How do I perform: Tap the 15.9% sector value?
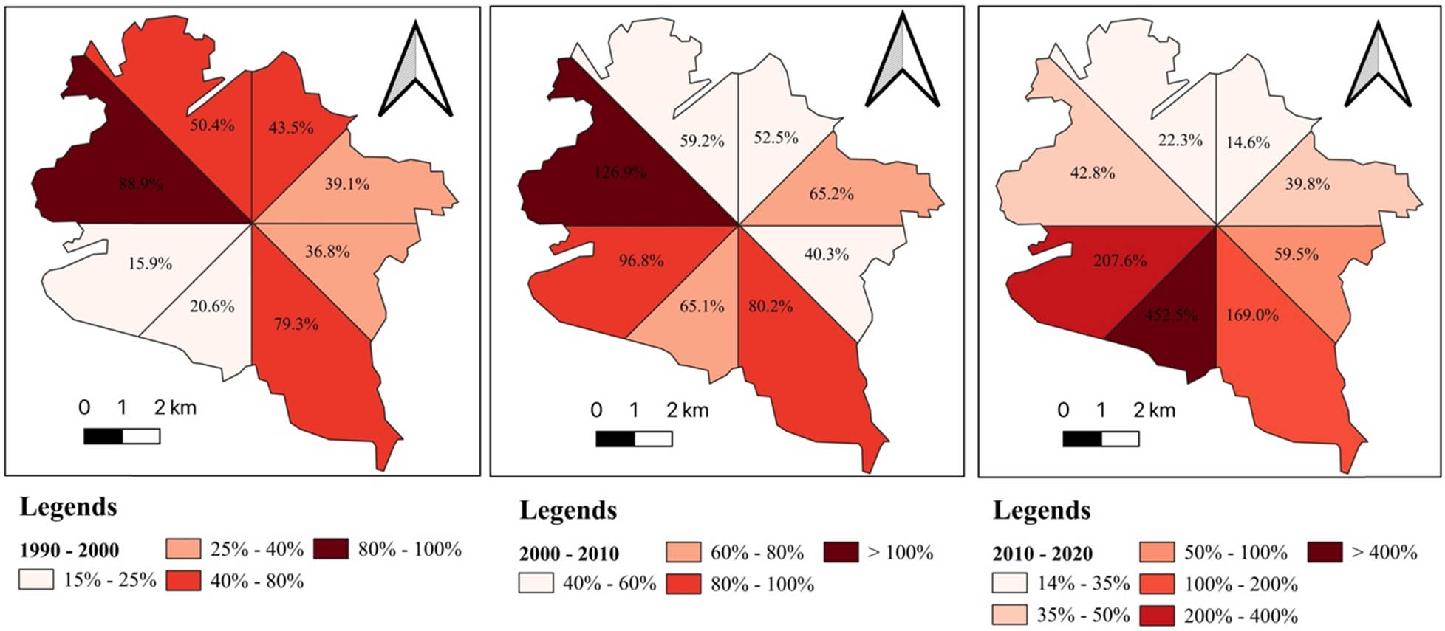click(x=150, y=263)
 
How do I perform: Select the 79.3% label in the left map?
click(x=296, y=324)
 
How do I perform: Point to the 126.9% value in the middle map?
click(x=621, y=173)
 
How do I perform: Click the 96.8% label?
click(x=640, y=261)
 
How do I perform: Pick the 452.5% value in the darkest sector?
click(x=1171, y=315)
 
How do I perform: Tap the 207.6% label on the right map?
click(x=1120, y=261)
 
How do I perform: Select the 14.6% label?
click(x=1248, y=142)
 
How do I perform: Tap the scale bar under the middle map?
click(x=634, y=439)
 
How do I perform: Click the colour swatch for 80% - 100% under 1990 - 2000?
click(x=331, y=549)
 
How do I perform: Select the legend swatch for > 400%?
click(x=1324, y=552)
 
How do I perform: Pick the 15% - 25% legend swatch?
click(x=36, y=580)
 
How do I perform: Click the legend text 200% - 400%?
click(x=1240, y=616)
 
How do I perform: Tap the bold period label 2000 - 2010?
click(x=569, y=554)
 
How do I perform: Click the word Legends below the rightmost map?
click(x=1042, y=511)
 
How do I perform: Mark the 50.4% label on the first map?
click(x=212, y=125)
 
